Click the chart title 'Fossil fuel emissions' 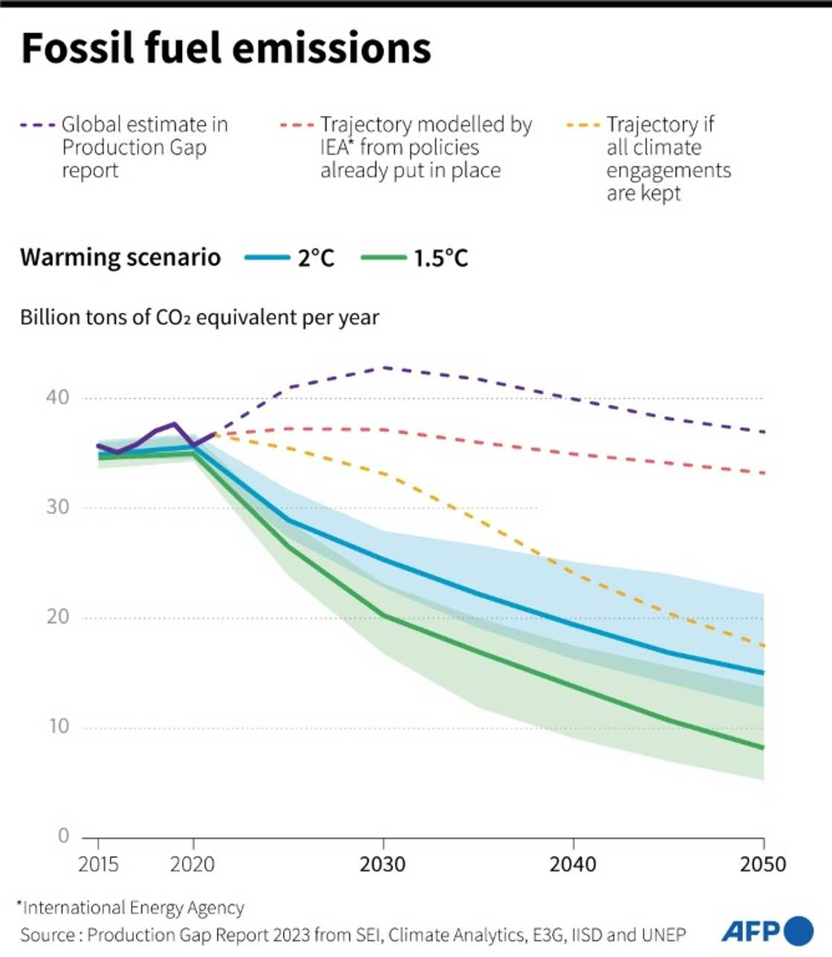pyautogui.click(x=226, y=49)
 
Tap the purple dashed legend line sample pyautogui.click(x=38, y=125)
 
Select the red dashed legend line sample pyautogui.click(x=296, y=125)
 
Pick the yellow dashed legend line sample pyautogui.click(x=582, y=125)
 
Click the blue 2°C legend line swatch pyautogui.click(x=267, y=258)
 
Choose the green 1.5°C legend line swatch pyautogui.click(x=383, y=258)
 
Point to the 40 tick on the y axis pyautogui.click(x=57, y=398)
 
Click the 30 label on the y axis pyautogui.click(x=57, y=507)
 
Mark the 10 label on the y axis pyautogui.click(x=57, y=727)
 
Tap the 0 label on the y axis pyautogui.click(x=63, y=837)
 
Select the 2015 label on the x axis pyautogui.click(x=98, y=865)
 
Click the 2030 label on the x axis pyautogui.click(x=383, y=865)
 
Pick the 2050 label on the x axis pyautogui.click(x=763, y=865)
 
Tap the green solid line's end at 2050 pyautogui.click(x=763, y=748)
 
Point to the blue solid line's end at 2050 pyautogui.click(x=763, y=673)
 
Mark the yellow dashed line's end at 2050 pyautogui.click(x=763, y=646)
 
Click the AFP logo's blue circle pyautogui.click(x=799, y=931)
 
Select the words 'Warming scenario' pyautogui.click(x=120, y=258)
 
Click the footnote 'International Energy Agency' pyautogui.click(x=132, y=908)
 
